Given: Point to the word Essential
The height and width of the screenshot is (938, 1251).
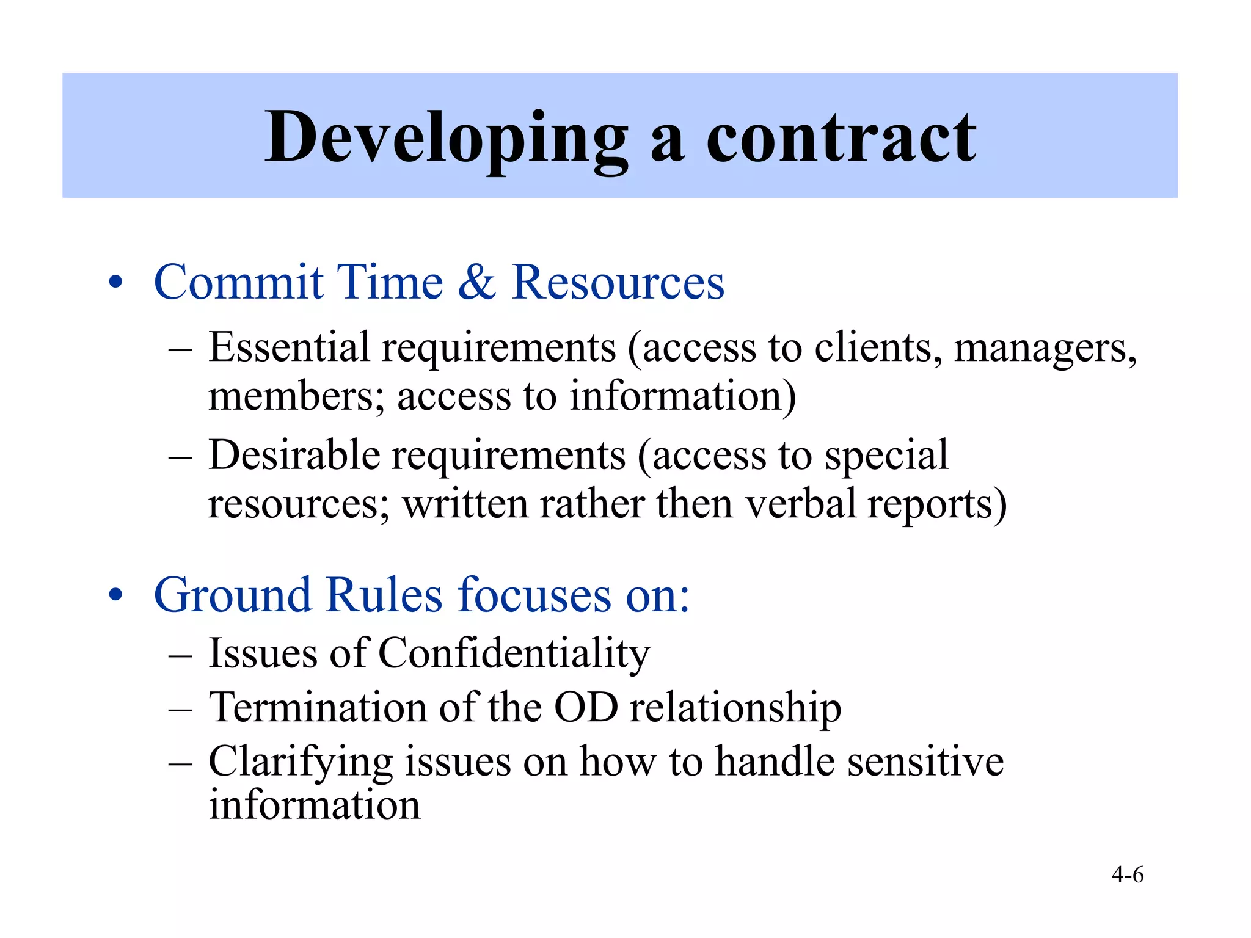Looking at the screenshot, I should pyautogui.click(x=289, y=347).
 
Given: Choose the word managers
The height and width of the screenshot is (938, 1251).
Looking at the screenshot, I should pyautogui.click(x=1045, y=349).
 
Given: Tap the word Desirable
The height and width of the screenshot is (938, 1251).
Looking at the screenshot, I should pyautogui.click(x=294, y=455).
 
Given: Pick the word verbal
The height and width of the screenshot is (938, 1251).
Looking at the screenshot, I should pyautogui.click(x=801, y=504).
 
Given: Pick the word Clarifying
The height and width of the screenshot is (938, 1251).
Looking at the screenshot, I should pyautogui.click(x=301, y=763).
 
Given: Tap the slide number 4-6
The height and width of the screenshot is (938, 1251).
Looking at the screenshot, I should pyautogui.click(x=1128, y=874).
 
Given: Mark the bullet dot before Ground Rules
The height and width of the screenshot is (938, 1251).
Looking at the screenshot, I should pyautogui.click(x=115, y=595).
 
